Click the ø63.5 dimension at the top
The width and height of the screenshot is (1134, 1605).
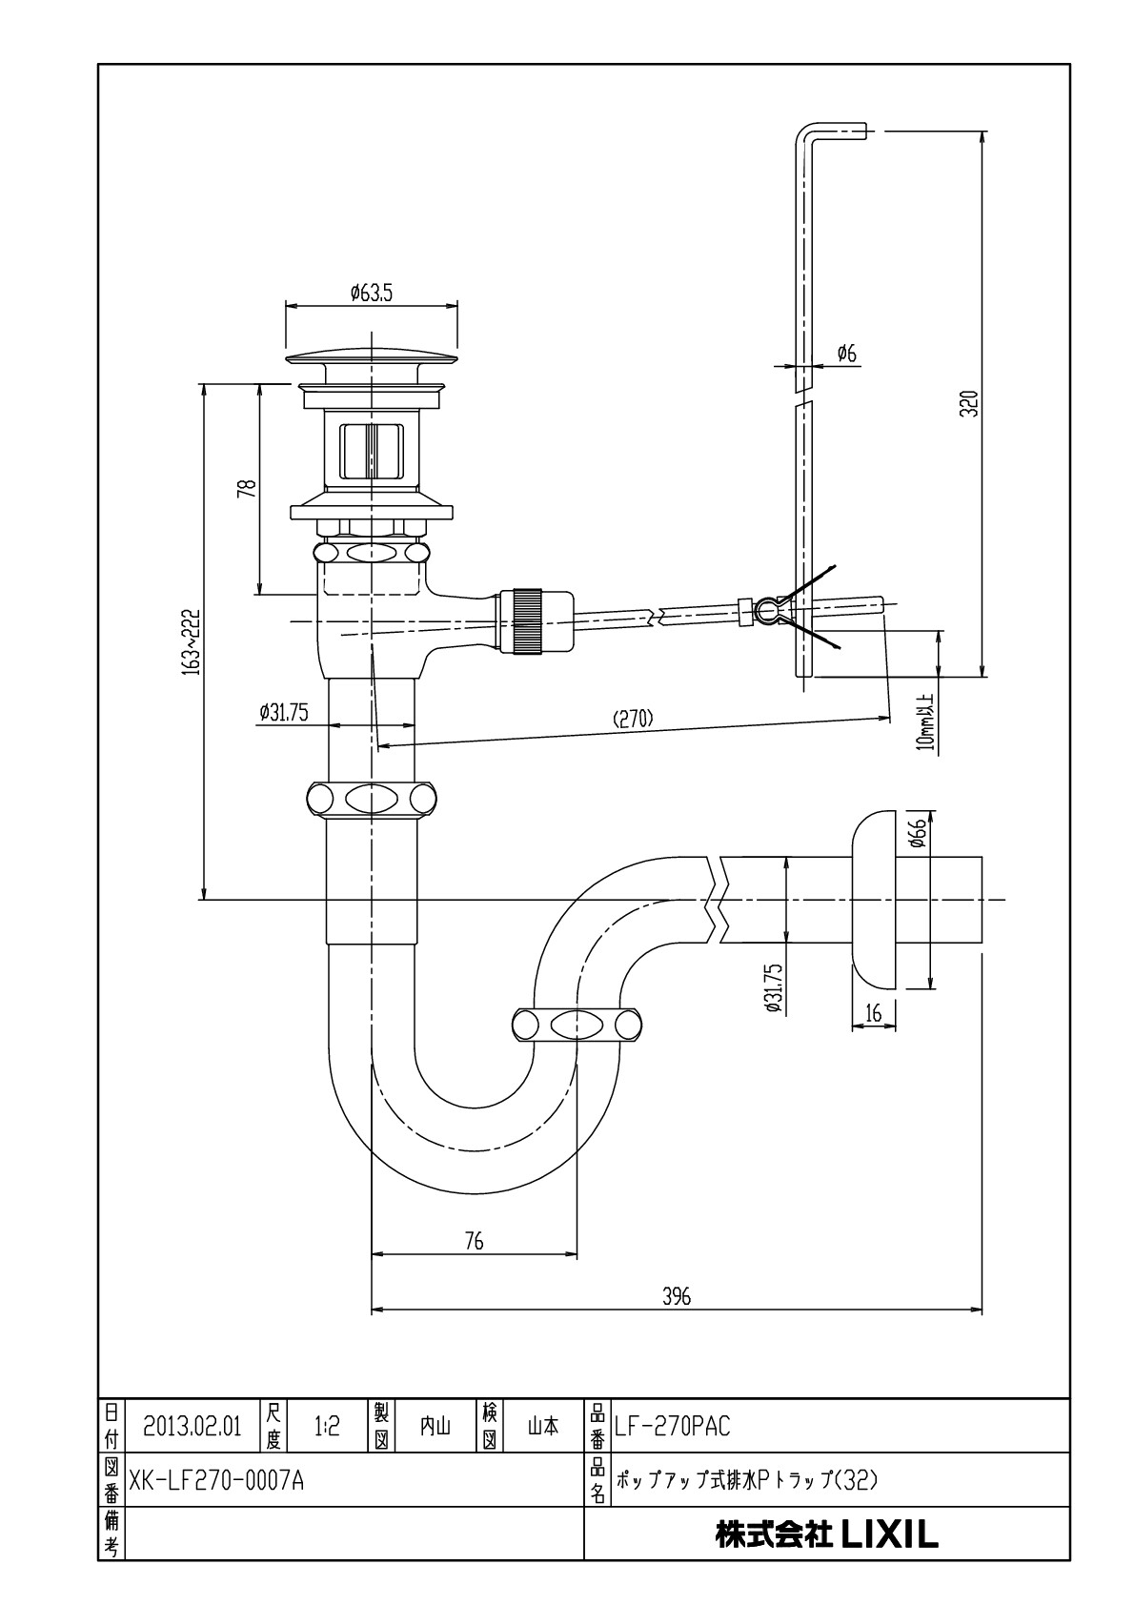tap(371, 293)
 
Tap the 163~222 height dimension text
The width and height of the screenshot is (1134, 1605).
tap(192, 641)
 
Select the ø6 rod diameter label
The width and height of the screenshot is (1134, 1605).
tap(846, 354)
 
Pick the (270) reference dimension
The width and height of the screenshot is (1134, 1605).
tap(633, 718)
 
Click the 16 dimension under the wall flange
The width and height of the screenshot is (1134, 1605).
tap(873, 1012)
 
